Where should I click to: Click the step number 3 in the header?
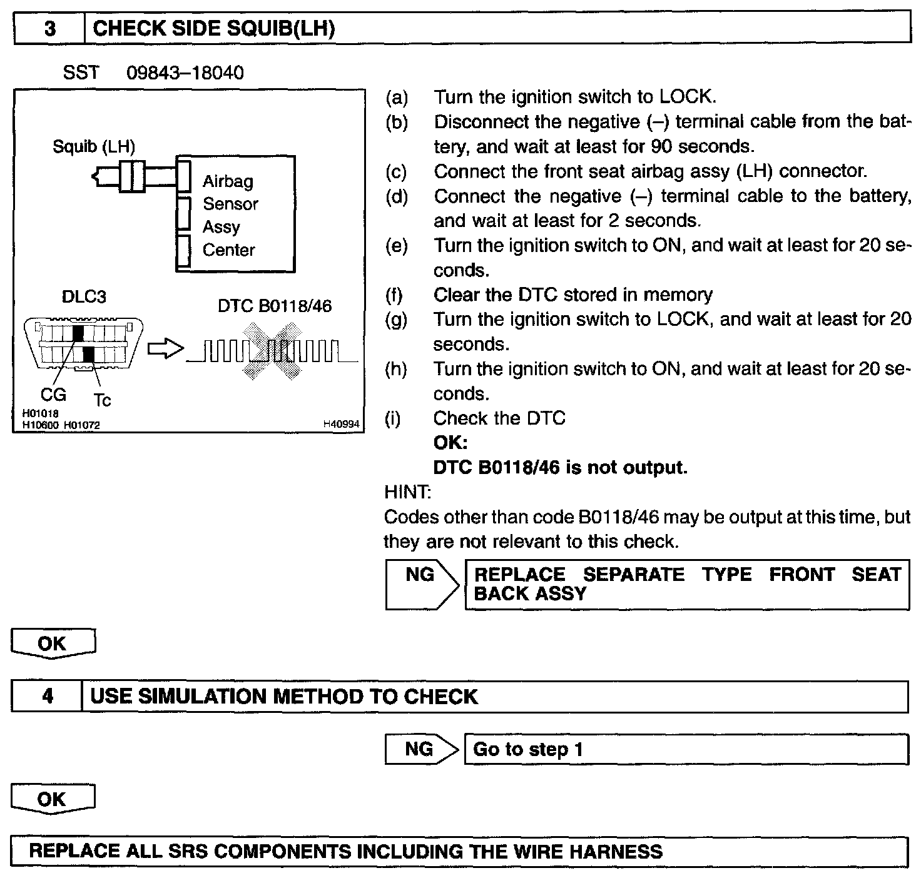tap(49, 29)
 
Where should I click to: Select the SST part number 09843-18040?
tap(185, 73)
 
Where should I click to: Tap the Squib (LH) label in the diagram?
tap(94, 147)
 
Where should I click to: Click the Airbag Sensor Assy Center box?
tap(235, 214)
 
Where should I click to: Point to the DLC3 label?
tap(84, 296)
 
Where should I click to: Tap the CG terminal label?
tap(53, 395)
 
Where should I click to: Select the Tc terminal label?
tap(102, 400)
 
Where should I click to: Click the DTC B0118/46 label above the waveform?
tap(275, 306)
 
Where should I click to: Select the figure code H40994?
tap(341, 425)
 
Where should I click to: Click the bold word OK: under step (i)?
tap(450, 443)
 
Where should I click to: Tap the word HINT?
tap(407, 492)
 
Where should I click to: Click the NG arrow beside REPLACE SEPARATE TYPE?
tap(422, 584)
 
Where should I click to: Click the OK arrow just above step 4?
tap(53, 644)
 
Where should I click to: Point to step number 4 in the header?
tap(48, 697)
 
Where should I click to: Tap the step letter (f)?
tap(394, 295)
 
